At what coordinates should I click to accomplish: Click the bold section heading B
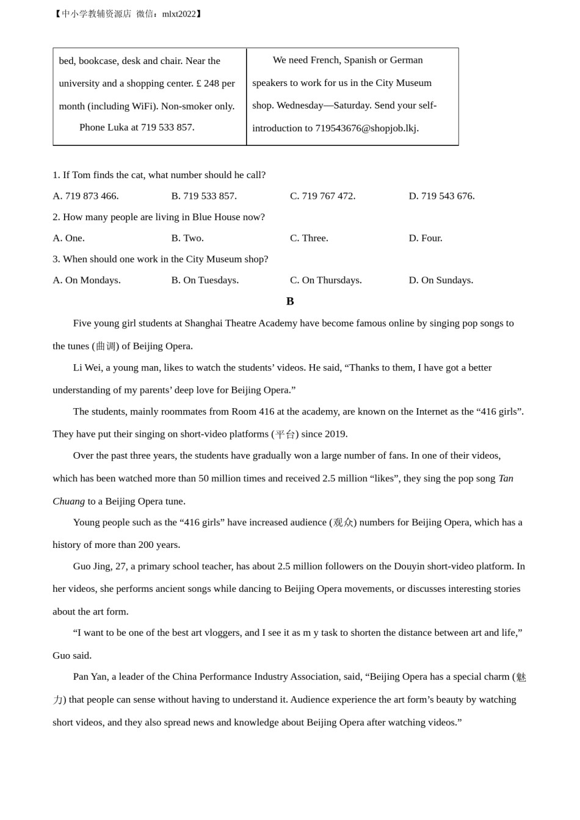[x=290, y=301]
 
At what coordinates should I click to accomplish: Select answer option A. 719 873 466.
[x=85, y=196]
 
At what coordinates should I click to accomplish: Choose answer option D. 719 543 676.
[x=441, y=196]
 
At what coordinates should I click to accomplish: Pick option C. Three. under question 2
[x=309, y=238]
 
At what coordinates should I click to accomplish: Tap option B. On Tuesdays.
[x=205, y=280]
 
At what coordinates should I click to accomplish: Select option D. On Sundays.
[x=441, y=280]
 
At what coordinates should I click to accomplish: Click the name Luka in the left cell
[x=118, y=128]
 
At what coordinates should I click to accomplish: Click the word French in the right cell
[x=325, y=60]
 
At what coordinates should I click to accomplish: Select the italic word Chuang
[x=68, y=502]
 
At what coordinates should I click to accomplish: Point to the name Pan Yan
[x=89, y=677]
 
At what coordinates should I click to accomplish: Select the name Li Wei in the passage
[x=87, y=368]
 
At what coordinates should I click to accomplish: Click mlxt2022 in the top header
[x=179, y=14]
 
